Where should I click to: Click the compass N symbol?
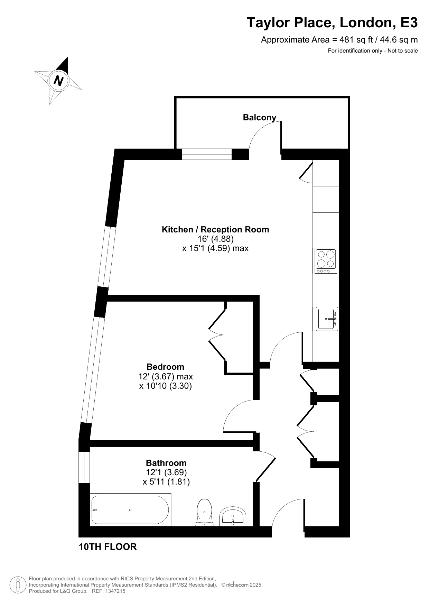(58, 80)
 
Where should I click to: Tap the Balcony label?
(260, 118)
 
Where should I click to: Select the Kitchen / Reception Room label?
(215, 229)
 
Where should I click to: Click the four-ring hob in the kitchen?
(326, 261)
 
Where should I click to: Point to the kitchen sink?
(327, 319)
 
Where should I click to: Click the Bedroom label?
(165, 367)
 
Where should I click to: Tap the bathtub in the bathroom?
(131, 510)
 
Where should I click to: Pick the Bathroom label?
(166, 463)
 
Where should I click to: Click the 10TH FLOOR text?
(108, 547)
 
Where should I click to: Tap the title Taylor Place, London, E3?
(332, 23)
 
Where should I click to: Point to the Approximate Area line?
(339, 40)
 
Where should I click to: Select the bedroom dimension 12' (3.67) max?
(166, 376)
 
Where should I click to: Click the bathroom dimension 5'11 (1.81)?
(166, 482)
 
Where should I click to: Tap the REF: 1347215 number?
(109, 591)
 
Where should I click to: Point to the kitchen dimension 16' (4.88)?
(216, 239)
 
